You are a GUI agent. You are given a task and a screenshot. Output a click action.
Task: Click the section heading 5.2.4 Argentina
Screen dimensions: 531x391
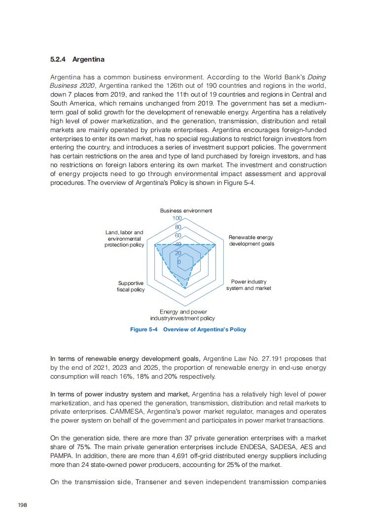77,60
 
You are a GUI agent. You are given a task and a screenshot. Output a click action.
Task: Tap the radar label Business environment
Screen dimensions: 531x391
186,211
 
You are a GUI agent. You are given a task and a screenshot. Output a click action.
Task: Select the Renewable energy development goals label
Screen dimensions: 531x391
251,241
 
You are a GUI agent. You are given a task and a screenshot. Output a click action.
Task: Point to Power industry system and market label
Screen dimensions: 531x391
249,285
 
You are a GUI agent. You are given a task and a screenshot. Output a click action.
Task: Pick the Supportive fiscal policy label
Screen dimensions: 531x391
131,286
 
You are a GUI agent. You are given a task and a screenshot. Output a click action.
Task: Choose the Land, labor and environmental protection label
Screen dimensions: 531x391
124,239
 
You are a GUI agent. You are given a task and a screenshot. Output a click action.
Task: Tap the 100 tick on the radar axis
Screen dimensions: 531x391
177,218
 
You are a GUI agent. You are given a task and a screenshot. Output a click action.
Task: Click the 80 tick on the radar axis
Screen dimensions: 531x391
178,227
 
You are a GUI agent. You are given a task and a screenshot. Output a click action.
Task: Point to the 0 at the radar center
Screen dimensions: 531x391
178,262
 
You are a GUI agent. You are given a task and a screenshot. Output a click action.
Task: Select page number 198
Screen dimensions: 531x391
22,505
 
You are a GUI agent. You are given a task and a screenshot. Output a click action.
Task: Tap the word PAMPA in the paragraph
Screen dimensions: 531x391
62,456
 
